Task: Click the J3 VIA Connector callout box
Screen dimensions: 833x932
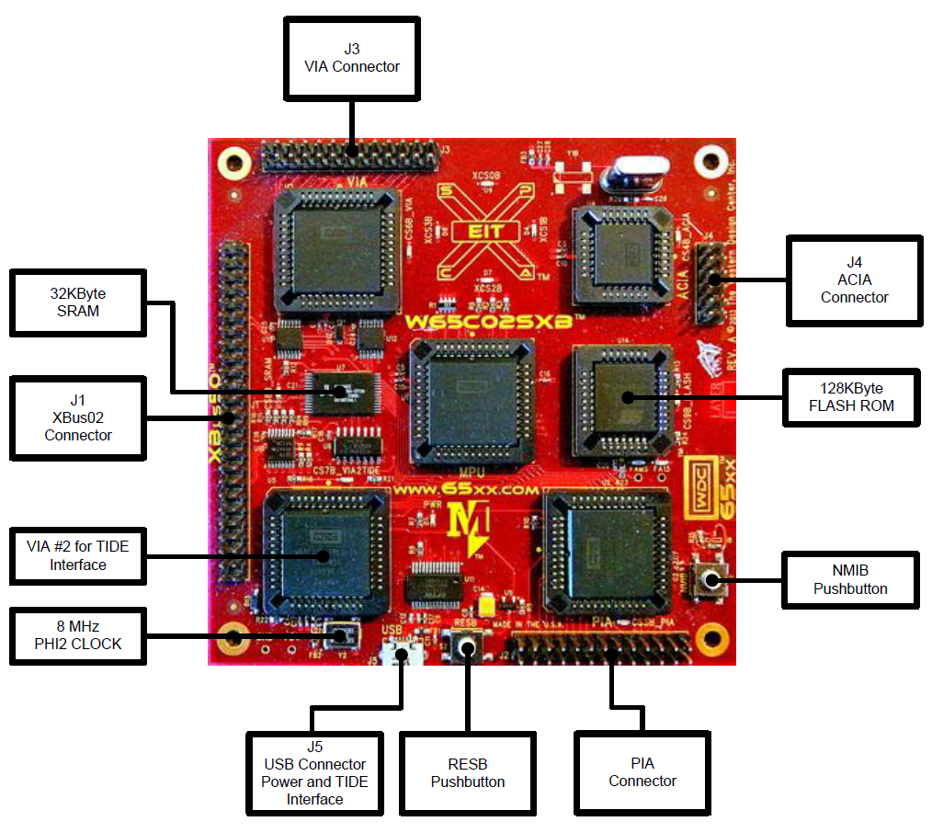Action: pyautogui.click(x=353, y=57)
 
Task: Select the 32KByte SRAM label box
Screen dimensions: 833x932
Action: pyautogui.click(x=78, y=302)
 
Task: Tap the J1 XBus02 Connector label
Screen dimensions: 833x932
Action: pyautogui.click(x=78, y=417)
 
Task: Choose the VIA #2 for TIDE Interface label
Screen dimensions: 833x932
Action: pyautogui.click(x=78, y=555)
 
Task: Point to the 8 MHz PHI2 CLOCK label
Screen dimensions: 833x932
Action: pyautogui.click(x=78, y=634)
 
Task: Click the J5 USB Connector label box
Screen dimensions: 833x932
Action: pyautogui.click(x=314, y=772)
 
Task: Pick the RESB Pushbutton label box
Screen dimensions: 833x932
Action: pyautogui.click(x=468, y=772)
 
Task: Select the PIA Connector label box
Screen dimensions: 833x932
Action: pyautogui.click(x=642, y=772)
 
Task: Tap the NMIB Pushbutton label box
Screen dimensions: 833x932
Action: pyautogui.click(x=850, y=579)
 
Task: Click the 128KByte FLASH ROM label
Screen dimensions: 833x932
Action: pyautogui.click(x=850, y=397)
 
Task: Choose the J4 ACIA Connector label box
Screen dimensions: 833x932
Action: pyautogui.click(x=854, y=280)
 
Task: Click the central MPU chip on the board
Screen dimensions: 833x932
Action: pyautogui.click(x=471, y=403)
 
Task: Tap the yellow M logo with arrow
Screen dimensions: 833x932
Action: pyautogui.click(x=469, y=530)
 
